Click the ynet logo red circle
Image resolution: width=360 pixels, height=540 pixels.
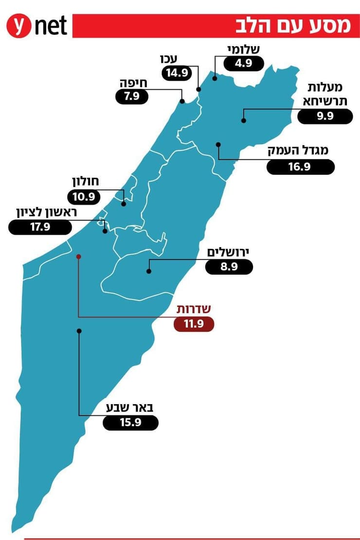18,25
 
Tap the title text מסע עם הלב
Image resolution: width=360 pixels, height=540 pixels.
293,25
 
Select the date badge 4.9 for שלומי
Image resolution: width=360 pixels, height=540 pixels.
243,63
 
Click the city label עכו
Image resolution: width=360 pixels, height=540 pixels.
169,59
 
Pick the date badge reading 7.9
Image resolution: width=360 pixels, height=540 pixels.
132,96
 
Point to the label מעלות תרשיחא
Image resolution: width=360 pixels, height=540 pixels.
325,93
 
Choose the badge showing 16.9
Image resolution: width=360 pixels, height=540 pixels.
301,167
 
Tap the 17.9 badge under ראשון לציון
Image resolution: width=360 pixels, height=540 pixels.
40,227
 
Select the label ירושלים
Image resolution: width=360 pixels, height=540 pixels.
229,252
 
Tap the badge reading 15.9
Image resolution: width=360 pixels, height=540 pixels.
130,423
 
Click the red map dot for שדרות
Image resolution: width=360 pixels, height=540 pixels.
78,256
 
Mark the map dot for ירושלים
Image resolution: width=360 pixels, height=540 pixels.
148,272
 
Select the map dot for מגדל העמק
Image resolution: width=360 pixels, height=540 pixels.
218,144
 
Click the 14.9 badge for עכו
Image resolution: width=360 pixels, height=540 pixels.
176,73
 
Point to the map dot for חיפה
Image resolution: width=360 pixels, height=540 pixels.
182,101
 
